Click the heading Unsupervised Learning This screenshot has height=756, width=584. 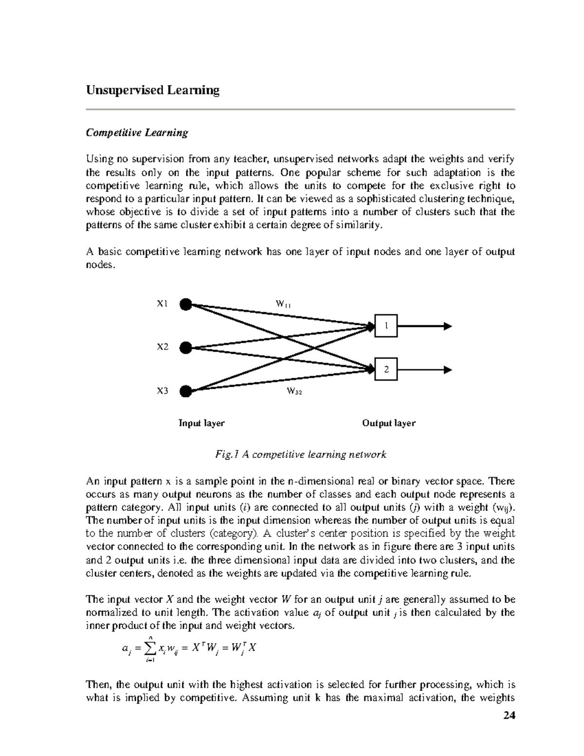pyautogui.click(x=152, y=91)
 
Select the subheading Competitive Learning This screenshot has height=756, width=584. pyautogui.click(x=137, y=133)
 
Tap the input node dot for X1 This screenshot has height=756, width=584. pyautogui.click(x=185, y=304)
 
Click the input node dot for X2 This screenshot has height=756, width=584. pyautogui.click(x=185, y=348)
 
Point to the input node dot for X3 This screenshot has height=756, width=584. pyautogui.click(x=185, y=391)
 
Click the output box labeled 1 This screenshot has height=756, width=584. pyautogui.click(x=386, y=326)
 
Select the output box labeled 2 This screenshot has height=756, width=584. pyautogui.click(x=386, y=369)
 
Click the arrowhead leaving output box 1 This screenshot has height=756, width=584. pyautogui.click(x=447, y=326)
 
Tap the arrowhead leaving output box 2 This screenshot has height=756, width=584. pyautogui.click(x=447, y=369)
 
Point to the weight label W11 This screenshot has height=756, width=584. pyautogui.click(x=283, y=304)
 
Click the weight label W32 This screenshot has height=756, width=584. pyautogui.click(x=294, y=391)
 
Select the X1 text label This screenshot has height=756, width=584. pyautogui.click(x=162, y=304)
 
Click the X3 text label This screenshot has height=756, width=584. pyautogui.click(x=162, y=390)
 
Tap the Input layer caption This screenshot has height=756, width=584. pyautogui.click(x=201, y=423)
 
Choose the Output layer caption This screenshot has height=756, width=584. pyautogui.click(x=388, y=423)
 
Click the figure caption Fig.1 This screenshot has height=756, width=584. pyautogui.click(x=300, y=455)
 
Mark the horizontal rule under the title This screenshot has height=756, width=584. pyautogui.click(x=300, y=110)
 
